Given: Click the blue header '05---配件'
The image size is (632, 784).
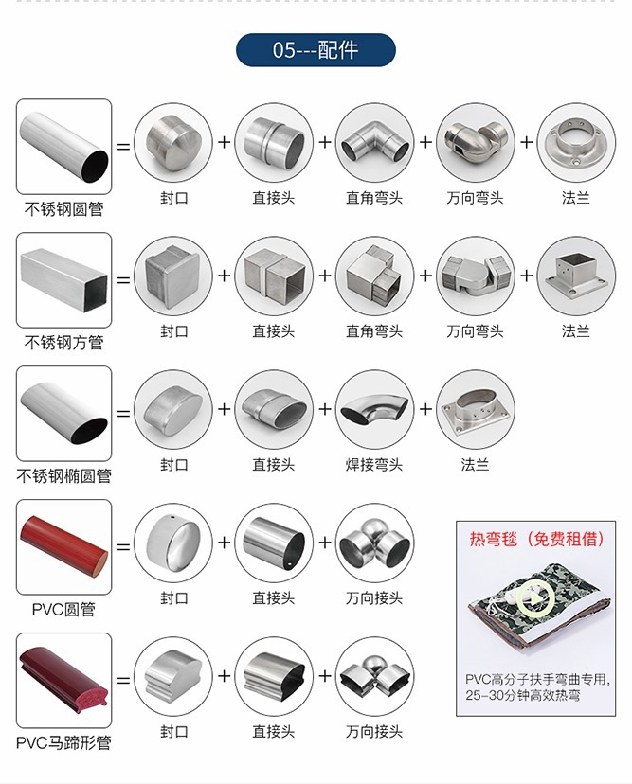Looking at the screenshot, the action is tap(316, 50).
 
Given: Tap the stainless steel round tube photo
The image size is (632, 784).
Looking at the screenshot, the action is tap(64, 147).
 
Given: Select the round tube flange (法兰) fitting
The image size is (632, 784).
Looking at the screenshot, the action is tap(576, 142).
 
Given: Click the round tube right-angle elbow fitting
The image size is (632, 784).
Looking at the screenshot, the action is tap(375, 142).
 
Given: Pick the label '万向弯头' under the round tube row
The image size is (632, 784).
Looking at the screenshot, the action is tap(475, 198).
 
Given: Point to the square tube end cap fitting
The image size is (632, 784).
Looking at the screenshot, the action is tap(173, 276).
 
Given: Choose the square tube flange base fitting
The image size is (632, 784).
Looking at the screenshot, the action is tap(576, 276).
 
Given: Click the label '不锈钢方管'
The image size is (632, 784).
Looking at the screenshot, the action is tap(64, 343).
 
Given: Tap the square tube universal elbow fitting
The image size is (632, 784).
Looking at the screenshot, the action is tap(476, 276).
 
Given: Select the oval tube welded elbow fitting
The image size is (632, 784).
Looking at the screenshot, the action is tap(375, 409).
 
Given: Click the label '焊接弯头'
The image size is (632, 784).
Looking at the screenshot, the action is tap(374, 465).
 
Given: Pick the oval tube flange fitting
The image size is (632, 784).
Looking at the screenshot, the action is tap(476, 409).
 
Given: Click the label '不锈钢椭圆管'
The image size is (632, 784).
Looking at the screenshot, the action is tap(64, 476).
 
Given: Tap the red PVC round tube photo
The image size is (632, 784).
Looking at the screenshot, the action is tap(64, 547).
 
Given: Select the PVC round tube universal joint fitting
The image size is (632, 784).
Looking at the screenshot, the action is tap(375, 543).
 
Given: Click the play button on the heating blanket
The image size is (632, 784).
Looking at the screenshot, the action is tap(535, 598).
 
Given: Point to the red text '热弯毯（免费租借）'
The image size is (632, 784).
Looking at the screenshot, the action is tap(536, 539).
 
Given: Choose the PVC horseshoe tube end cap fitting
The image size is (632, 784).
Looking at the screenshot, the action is tap(173, 676).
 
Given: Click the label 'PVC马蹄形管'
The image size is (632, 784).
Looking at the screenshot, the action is tap(63, 743).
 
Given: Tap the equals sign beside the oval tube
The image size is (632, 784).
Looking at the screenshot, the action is tap(123, 414).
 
